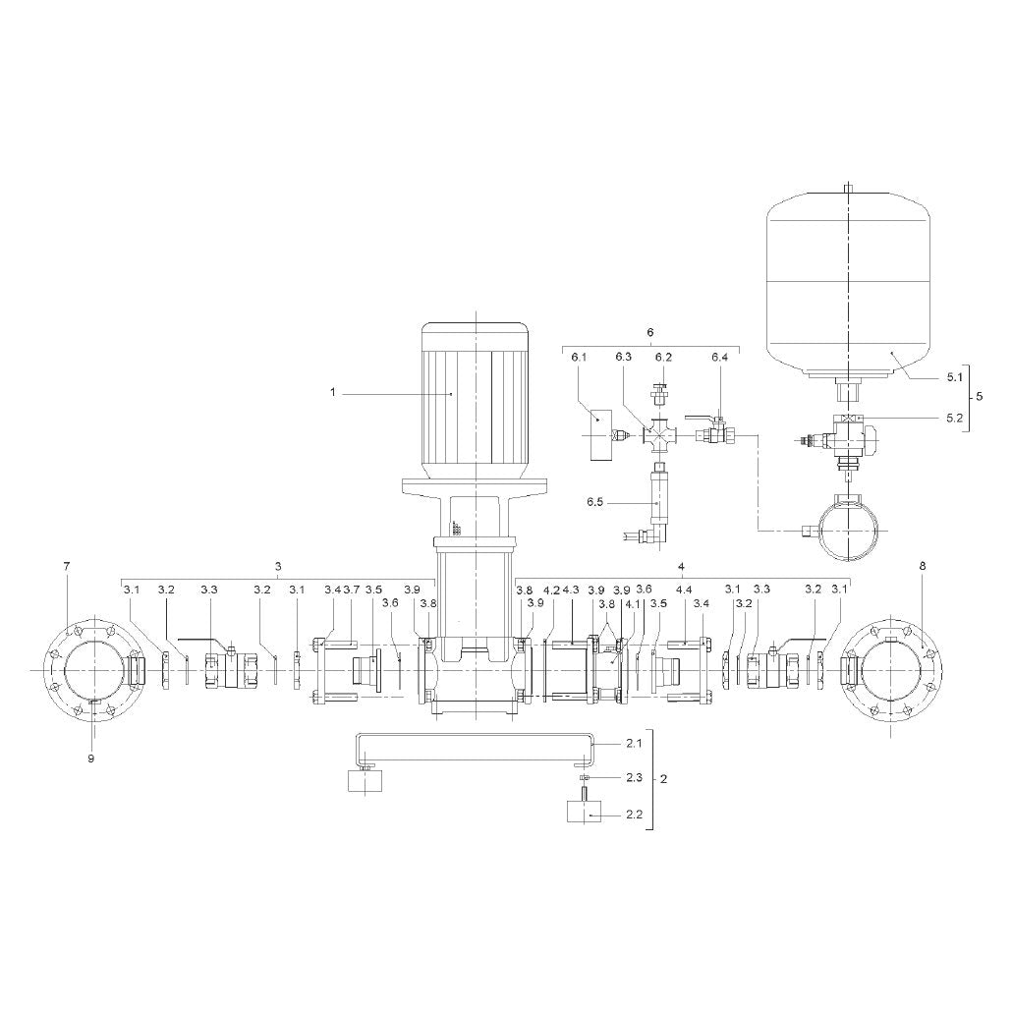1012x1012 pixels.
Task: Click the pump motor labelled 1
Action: tap(476, 400)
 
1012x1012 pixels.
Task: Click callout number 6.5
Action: tap(594, 501)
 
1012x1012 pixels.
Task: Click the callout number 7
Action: tap(67, 566)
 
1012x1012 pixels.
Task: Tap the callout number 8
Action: tap(923, 566)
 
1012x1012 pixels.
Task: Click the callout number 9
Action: tap(91, 759)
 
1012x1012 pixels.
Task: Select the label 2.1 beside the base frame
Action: tap(634, 744)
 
